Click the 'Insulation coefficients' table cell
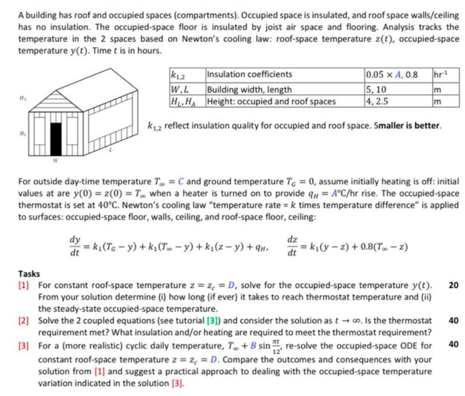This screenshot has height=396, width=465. click(x=250, y=74)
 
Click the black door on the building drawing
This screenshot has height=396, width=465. click(x=56, y=136)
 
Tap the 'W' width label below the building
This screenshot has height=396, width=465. click(x=53, y=157)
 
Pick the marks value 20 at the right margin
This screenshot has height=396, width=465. click(x=453, y=286)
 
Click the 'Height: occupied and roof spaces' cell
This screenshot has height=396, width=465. click(x=271, y=101)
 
